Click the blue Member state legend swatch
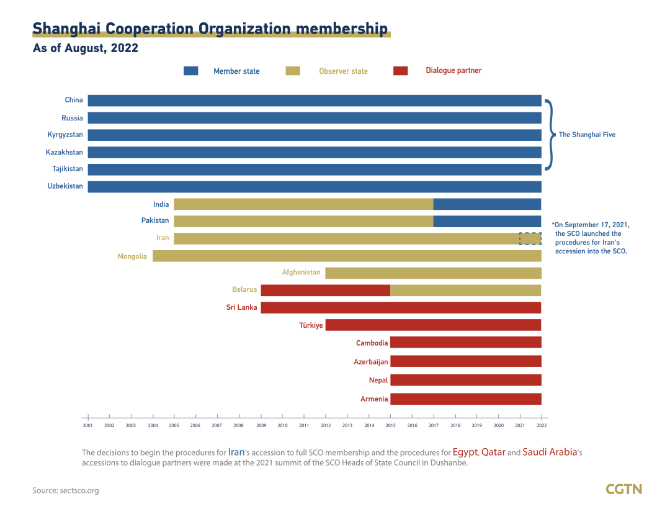point(190,71)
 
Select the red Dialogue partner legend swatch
point(400,71)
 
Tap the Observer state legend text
point(343,71)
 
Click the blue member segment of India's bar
point(487,204)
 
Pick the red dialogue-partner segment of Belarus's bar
point(325,290)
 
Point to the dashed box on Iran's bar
point(530,238)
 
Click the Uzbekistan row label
point(65,186)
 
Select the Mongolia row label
point(132,256)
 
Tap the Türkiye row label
point(311,325)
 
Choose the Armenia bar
point(465,399)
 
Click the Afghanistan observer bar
point(433,273)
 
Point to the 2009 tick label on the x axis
point(261,426)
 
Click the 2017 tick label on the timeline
point(434,426)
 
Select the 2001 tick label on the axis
point(88,426)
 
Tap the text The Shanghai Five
point(587,135)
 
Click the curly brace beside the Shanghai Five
point(548,134)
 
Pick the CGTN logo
point(623,489)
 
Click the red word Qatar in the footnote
point(493,453)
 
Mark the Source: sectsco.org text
point(66,490)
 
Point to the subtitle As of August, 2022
point(85,48)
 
